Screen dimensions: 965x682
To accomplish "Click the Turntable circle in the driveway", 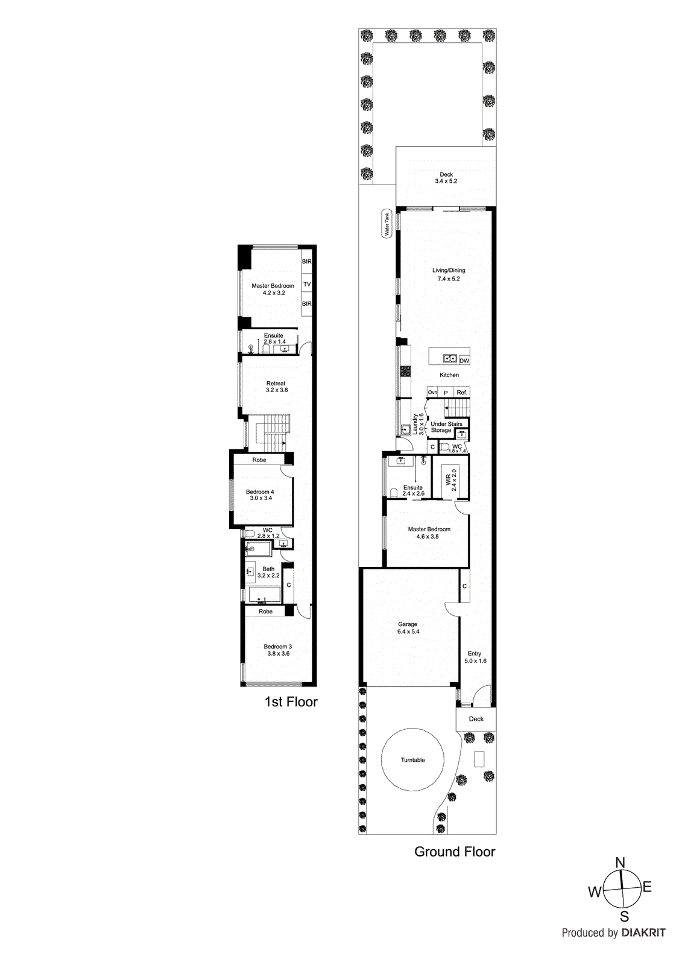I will [x=412, y=760].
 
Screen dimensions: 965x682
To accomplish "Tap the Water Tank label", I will [x=387, y=224].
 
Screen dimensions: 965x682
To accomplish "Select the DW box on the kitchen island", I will [x=464, y=361].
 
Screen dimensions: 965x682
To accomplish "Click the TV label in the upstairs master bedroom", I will [x=307, y=284].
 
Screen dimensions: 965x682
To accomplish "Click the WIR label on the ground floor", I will [x=450, y=479].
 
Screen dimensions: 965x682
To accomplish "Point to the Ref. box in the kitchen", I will [x=462, y=393].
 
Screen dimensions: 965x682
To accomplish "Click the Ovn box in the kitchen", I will [x=432, y=393].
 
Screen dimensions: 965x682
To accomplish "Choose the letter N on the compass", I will [x=620, y=863].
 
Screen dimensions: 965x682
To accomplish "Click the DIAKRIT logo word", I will [x=643, y=932].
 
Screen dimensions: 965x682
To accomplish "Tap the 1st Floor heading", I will [x=291, y=701].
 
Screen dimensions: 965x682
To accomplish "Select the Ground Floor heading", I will [x=455, y=852].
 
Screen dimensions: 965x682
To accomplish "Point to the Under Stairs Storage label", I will [x=446, y=427].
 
